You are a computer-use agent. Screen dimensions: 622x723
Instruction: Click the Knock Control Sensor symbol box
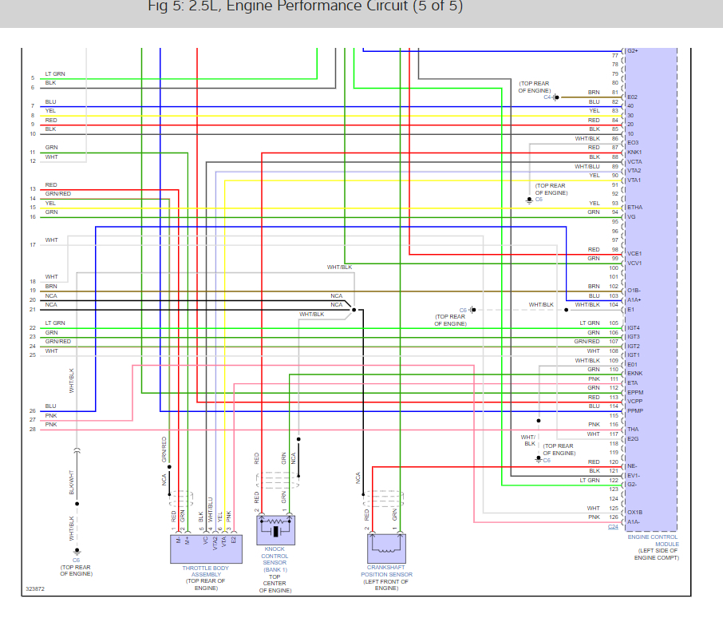tap(275, 530)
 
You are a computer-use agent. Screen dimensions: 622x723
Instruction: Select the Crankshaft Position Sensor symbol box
tap(386, 547)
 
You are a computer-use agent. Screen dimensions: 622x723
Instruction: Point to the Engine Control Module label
tap(652, 546)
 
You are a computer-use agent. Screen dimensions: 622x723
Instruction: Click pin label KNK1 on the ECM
tap(634, 152)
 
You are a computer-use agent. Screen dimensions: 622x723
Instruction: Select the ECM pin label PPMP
tap(635, 410)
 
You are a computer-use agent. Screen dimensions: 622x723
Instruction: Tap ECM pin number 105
tap(614, 323)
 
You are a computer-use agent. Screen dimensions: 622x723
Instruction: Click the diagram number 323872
tap(34, 590)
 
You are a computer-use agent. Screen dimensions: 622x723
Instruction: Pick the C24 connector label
tap(613, 527)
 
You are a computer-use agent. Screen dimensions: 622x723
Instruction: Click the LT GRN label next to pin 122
tap(589, 480)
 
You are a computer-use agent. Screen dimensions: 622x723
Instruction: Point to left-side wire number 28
tap(33, 429)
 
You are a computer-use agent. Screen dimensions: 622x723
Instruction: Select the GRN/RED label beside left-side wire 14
tap(57, 194)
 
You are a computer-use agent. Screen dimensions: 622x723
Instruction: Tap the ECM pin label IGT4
tap(634, 327)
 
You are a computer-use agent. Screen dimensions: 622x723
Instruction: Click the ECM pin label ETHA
tap(635, 208)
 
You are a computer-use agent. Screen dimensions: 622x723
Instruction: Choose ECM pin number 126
tap(614, 517)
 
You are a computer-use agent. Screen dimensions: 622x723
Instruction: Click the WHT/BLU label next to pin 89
tap(587, 166)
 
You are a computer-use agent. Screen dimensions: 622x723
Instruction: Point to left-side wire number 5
tap(33, 77)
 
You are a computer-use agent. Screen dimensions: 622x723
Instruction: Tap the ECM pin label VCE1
tap(635, 254)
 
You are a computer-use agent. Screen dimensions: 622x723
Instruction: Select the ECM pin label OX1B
tap(635, 513)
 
